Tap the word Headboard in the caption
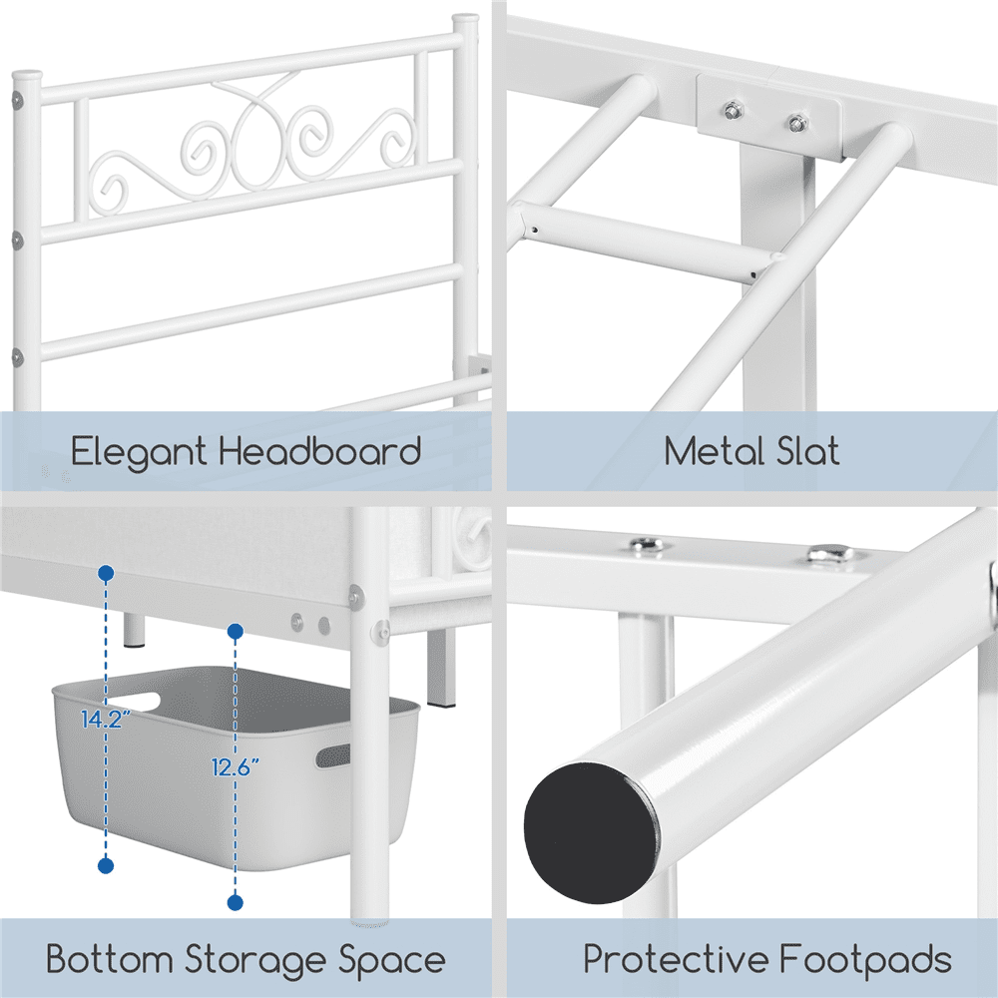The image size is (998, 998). (x=319, y=451)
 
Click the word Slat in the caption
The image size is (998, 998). (x=804, y=451)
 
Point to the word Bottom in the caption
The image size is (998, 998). (x=109, y=961)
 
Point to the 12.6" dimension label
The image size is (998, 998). (x=237, y=766)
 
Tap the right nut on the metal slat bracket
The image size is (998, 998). (x=796, y=123)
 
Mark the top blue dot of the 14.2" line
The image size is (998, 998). (x=106, y=573)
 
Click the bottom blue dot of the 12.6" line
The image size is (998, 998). (x=236, y=902)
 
